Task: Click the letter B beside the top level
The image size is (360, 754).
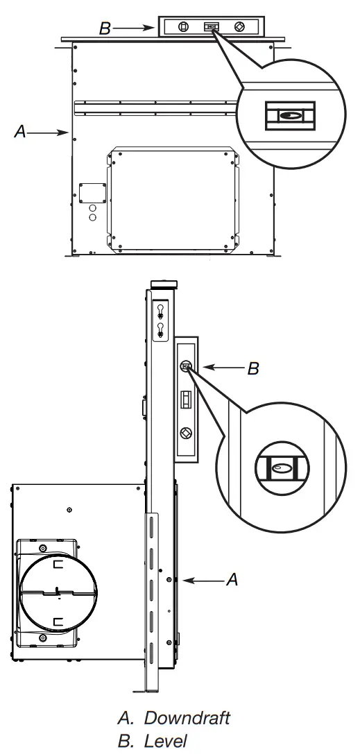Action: [105, 28]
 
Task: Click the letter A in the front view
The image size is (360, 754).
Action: [21, 131]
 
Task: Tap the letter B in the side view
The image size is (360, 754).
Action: [253, 368]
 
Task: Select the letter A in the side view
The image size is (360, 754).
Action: [232, 580]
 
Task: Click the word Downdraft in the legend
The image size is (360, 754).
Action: [187, 718]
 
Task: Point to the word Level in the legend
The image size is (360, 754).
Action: [166, 741]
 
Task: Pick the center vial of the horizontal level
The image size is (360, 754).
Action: [212, 27]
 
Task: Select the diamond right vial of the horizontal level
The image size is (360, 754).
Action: [239, 27]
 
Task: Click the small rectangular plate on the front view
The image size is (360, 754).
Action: [92, 192]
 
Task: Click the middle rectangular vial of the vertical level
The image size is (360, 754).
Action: [185, 401]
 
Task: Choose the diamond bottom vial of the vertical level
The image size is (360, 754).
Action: [185, 433]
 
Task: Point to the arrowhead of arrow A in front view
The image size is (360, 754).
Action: [66, 131]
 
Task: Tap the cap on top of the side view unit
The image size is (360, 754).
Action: [164, 284]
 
